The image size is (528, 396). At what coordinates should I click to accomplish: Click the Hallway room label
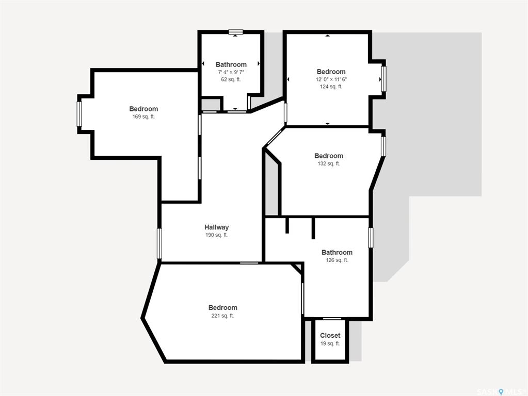click(x=217, y=227)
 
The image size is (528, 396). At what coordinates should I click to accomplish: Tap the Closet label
click(x=330, y=336)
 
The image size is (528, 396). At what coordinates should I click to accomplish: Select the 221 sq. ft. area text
click(x=222, y=316)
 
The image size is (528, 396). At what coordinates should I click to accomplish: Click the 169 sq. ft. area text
click(x=143, y=117)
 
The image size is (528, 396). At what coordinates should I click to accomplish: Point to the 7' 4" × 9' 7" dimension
click(x=231, y=72)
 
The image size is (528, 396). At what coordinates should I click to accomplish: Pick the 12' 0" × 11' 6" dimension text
click(x=331, y=79)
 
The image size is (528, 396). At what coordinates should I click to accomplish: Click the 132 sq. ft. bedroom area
click(x=329, y=163)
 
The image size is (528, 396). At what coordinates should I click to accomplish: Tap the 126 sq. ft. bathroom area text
click(x=337, y=260)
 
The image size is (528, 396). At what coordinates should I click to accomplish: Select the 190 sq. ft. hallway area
click(x=217, y=235)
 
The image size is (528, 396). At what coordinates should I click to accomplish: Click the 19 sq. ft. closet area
click(x=330, y=343)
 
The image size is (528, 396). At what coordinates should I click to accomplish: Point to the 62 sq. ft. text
click(x=231, y=79)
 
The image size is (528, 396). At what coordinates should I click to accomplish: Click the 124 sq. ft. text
click(x=331, y=87)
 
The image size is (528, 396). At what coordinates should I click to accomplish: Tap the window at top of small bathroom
click(x=235, y=32)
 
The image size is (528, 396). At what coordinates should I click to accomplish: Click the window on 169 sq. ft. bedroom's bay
click(x=79, y=114)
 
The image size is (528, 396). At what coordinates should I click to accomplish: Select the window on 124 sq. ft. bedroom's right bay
click(x=383, y=79)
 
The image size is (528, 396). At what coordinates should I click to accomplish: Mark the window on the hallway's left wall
click(x=159, y=243)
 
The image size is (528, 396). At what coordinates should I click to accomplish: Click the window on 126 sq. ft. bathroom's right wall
click(x=371, y=238)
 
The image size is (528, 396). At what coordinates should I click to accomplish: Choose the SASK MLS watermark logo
click(x=500, y=392)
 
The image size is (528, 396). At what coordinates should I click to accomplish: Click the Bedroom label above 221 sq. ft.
click(x=222, y=307)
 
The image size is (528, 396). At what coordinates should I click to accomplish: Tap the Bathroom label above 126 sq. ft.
click(x=337, y=252)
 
